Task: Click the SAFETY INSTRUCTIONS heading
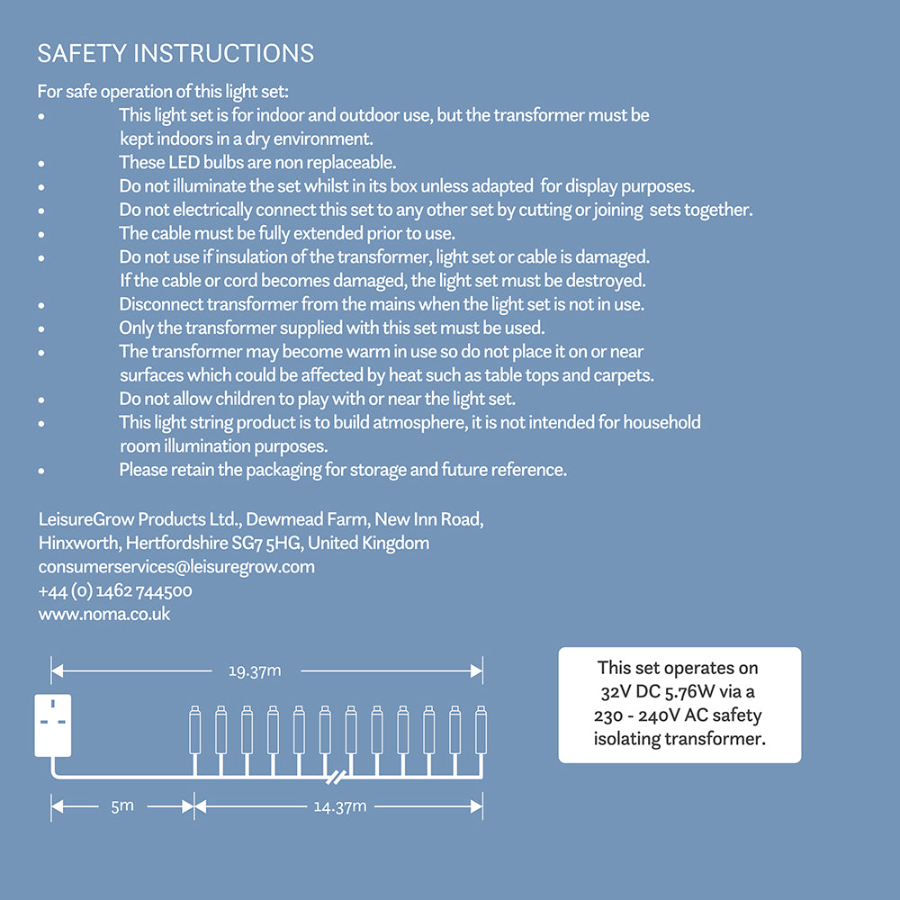[175, 54]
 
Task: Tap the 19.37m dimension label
[255, 670]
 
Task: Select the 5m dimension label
[122, 806]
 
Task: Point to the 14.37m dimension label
[339, 806]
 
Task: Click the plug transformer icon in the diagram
[52, 725]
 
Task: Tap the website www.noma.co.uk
[104, 615]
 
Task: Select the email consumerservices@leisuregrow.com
[176, 567]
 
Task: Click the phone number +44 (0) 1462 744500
[115, 591]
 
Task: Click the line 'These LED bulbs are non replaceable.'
[257, 163]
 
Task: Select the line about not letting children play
[317, 399]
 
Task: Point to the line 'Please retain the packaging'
[343, 470]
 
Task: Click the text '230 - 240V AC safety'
[678, 715]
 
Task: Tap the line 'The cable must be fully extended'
[287, 234]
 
